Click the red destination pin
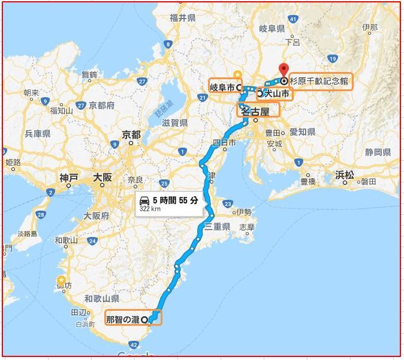pos(284,70)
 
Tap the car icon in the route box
pos(144,200)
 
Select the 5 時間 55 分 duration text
pos(175,200)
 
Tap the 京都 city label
pos(131,134)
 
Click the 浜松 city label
pos(344,175)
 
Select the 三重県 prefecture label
pos(217,227)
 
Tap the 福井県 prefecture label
pos(182,19)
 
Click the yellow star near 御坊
pos(61,279)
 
